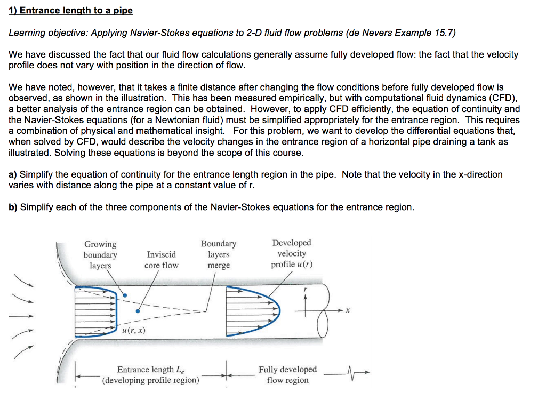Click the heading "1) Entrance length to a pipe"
pyautogui.click(x=70, y=11)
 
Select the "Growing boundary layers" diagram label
pyautogui.click(x=100, y=255)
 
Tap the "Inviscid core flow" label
pyautogui.click(x=161, y=260)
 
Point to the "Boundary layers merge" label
pyautogui.click(x=218, y=254)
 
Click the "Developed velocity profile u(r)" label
pyautogui.click(x=292, y=254)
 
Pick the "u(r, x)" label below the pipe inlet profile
pyautogui.click(x=134, y=331)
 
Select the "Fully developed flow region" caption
pyautogui.click(x=287, y=374)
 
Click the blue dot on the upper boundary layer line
pyautogui.click(x=124, y=295)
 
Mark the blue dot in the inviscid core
pyautogui.click(x=138, y=311)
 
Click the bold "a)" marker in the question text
pyautogui.click(x=13, y=174)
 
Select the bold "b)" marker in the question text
pyautogui.click(x=13, y=207)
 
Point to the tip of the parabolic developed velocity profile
pyautogui.click(x=278, y=310)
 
